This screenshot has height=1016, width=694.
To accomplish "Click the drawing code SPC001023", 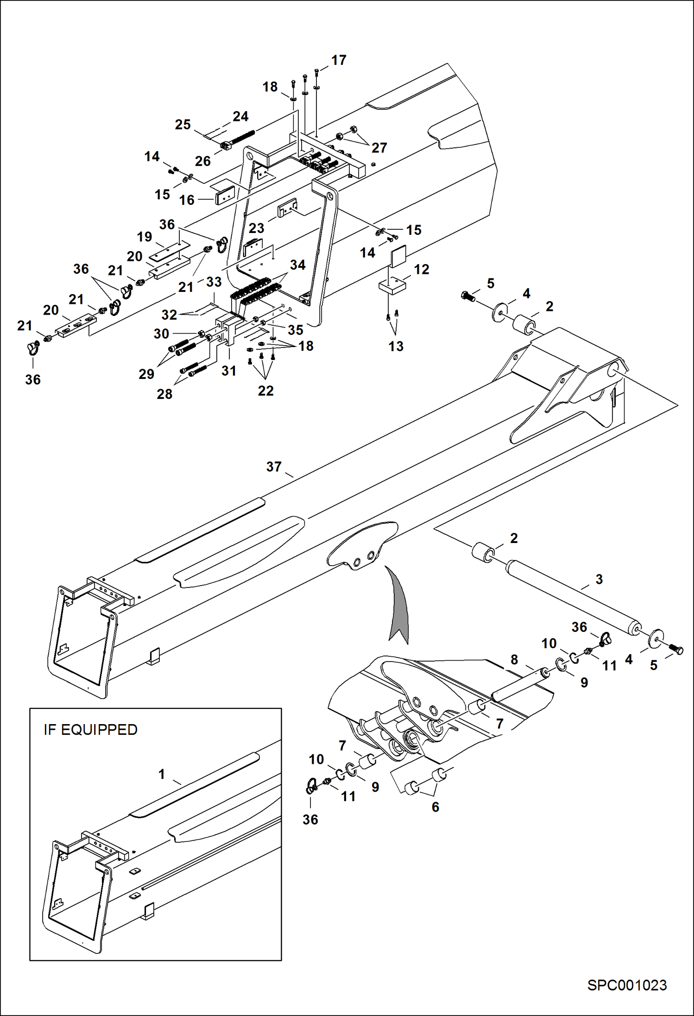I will tap(627, 985).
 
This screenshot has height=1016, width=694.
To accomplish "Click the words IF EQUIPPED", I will tap(90, 730).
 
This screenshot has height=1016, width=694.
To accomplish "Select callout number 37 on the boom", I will tap(273, 467).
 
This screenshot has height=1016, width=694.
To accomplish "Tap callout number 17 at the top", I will tap(339, 60).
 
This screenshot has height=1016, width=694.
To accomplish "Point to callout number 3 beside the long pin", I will tap(599, 579).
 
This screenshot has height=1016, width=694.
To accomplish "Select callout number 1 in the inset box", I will tap(162, 774).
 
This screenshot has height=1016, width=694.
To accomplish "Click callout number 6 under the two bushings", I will tap(435, 807).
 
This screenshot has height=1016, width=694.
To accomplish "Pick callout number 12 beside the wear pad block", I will tap(421, 269).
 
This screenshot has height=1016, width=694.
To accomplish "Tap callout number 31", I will tap(229, 371).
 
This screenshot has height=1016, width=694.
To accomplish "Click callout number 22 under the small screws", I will tap(265, 391).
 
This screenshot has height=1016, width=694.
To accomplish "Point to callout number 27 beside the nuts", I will tap(379, 147).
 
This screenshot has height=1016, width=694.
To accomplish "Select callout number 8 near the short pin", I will tap(514, 659).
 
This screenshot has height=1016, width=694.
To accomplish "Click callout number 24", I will tap(240, 116).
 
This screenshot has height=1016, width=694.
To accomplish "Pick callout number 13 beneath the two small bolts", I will tap(396, 346).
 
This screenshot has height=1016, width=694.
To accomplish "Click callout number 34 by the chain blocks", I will tap(297, 265).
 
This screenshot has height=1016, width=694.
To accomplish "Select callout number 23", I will tap(256, 228).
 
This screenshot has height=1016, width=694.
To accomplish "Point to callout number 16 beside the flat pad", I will tap(187, 200).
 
